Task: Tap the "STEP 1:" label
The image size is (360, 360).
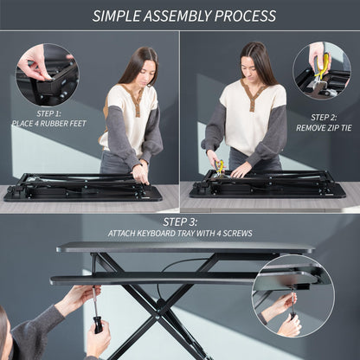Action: [48, 113]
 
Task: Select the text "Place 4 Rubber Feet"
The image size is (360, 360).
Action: [48, 124]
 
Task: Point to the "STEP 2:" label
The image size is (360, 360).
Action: [325, 117]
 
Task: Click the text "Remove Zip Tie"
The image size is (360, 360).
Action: [325, 127]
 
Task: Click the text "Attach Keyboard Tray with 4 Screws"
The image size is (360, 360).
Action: [180, 234]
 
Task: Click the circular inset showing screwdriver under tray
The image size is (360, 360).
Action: [293, 296]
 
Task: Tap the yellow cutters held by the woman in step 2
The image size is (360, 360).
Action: [220, 165]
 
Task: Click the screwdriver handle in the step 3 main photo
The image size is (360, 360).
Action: [96, 325]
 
